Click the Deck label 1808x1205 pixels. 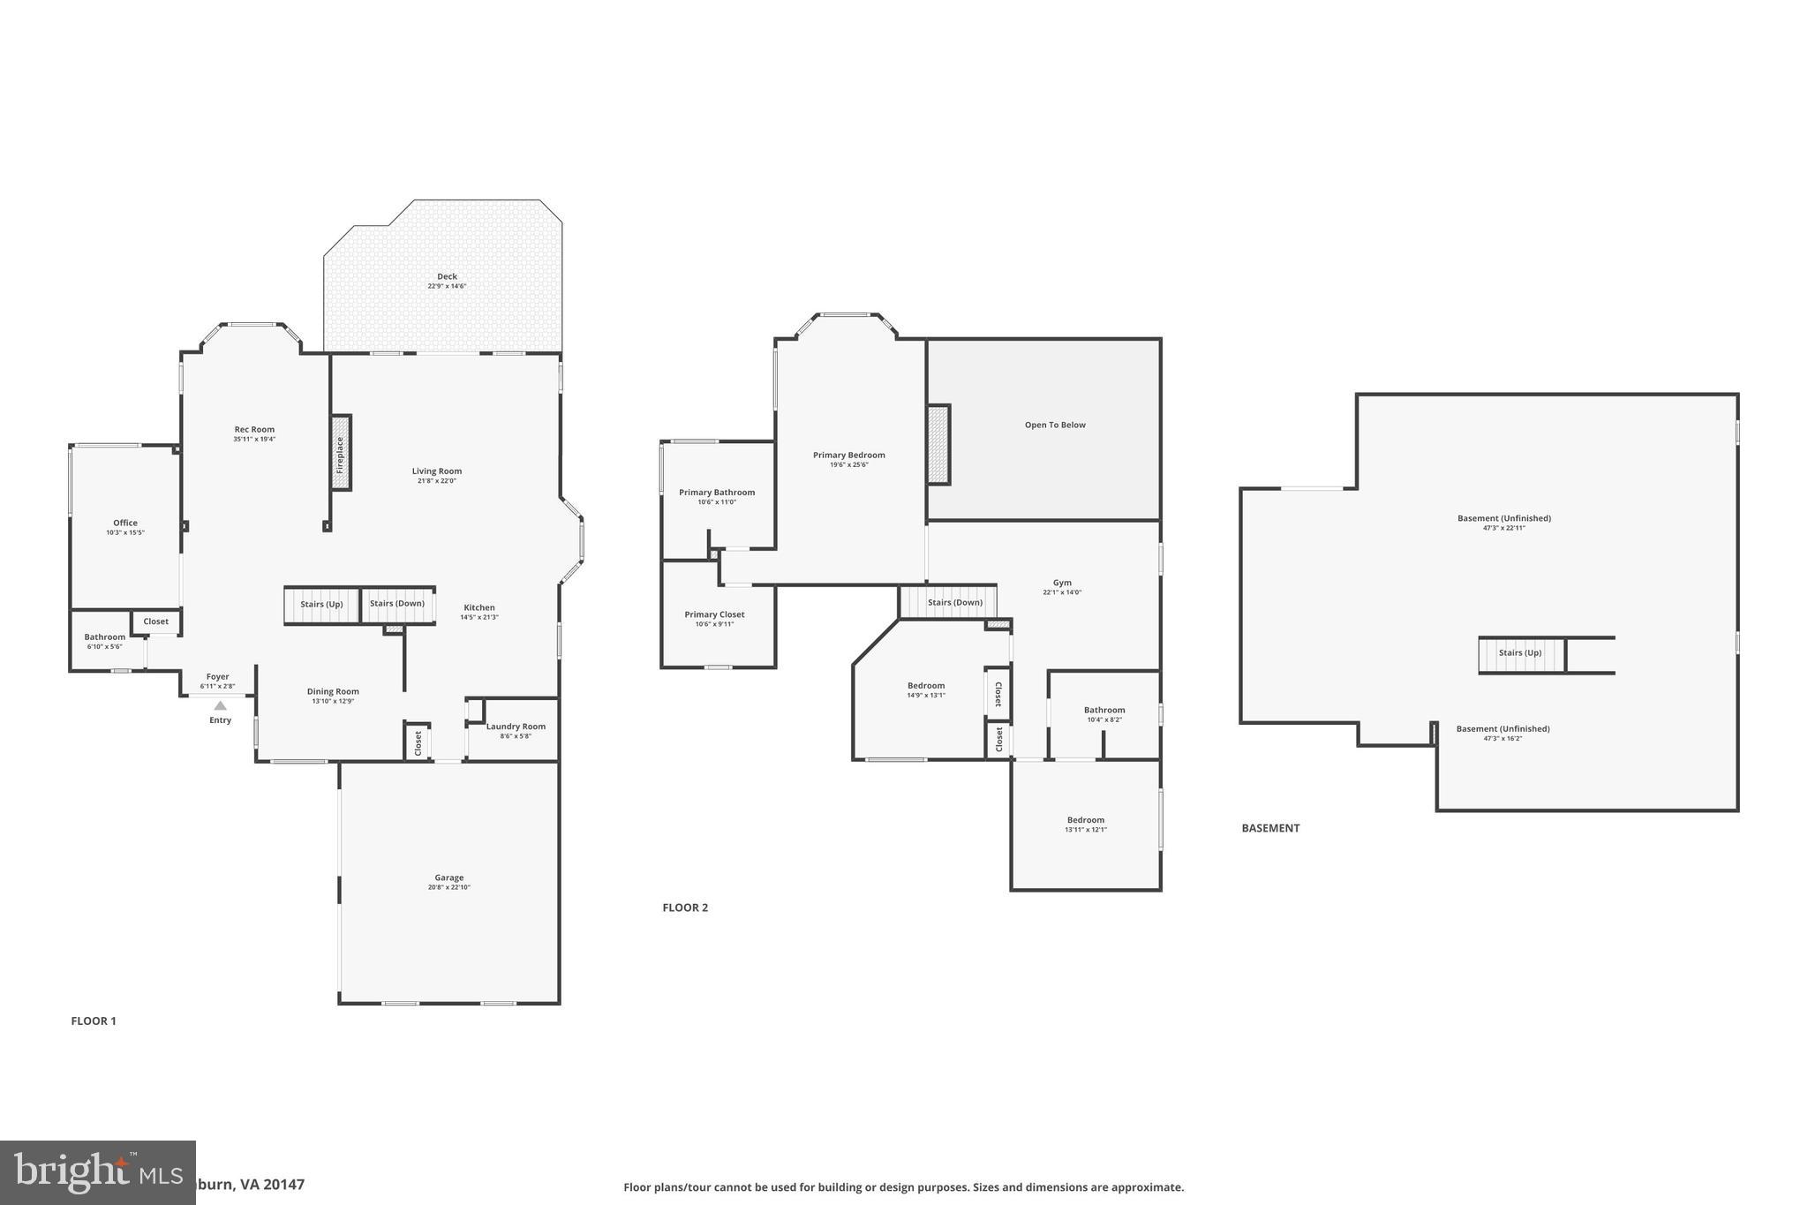tap(447, 277)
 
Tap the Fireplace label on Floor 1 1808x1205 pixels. tap(340, 454)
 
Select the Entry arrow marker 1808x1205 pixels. tap(220, 705)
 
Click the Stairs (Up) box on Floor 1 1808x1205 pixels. tap(321, 605)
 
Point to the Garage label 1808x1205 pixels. tap(448, 878)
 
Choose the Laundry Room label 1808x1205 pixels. tap(516, 727)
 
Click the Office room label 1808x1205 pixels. tap(125, 523)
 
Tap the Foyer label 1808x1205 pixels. tap(217, 677)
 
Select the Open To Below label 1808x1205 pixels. tap(1055, 426)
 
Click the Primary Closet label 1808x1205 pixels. tap(714, 614)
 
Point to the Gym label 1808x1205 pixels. tap(1062, 583)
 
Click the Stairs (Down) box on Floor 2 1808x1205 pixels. tap(954, 603)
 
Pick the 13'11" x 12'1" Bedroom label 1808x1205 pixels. tap(1085, 820)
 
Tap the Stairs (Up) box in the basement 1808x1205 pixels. tap(1520, 653)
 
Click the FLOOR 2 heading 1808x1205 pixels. tap(685, 908)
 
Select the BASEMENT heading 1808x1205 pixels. tap(1270, 828)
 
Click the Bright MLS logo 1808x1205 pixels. tap(97, 1172)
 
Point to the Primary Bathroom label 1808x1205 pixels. tap(717, 493)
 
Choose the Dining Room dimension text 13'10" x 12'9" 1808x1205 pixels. tap(333, 701)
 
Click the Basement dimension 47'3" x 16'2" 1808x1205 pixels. tap(1503, 738)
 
